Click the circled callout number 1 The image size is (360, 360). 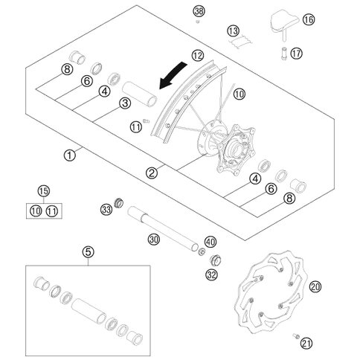click(x=69, y=155)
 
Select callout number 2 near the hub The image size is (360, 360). click(x=152, y=173)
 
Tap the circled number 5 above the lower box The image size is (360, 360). click(x=89, y=252)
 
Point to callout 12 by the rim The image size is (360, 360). click(x=198, y=56)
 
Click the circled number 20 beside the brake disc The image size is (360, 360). click(x=315, y=287)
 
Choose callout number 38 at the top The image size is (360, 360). click(x=199, y=11)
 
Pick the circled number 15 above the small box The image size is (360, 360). click(x=44, y=191)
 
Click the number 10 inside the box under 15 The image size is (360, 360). click(x=36, y=211)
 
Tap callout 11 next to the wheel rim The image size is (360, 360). click(x=136, y=127)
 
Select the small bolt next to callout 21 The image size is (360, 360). click(x=296, y=336)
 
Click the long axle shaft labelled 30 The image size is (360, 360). click(x=163, y=228)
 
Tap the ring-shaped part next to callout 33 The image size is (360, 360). click(x=118, y=203)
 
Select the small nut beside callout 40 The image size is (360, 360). click(x=202, y=252)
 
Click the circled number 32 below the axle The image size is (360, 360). click(x=212, y=274)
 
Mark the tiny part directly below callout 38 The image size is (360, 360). click(x=198, y=22)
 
